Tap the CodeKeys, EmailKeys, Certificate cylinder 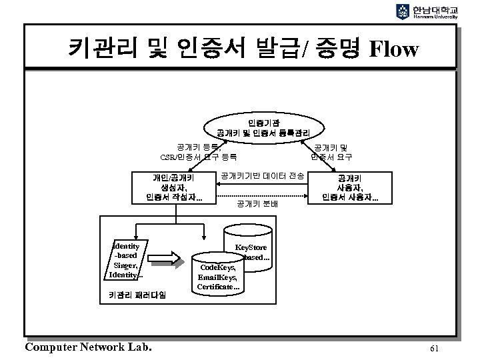[218, 274]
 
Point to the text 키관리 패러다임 [137, 294]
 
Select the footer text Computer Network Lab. [87, 347]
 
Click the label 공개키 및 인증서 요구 [331, 151]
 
